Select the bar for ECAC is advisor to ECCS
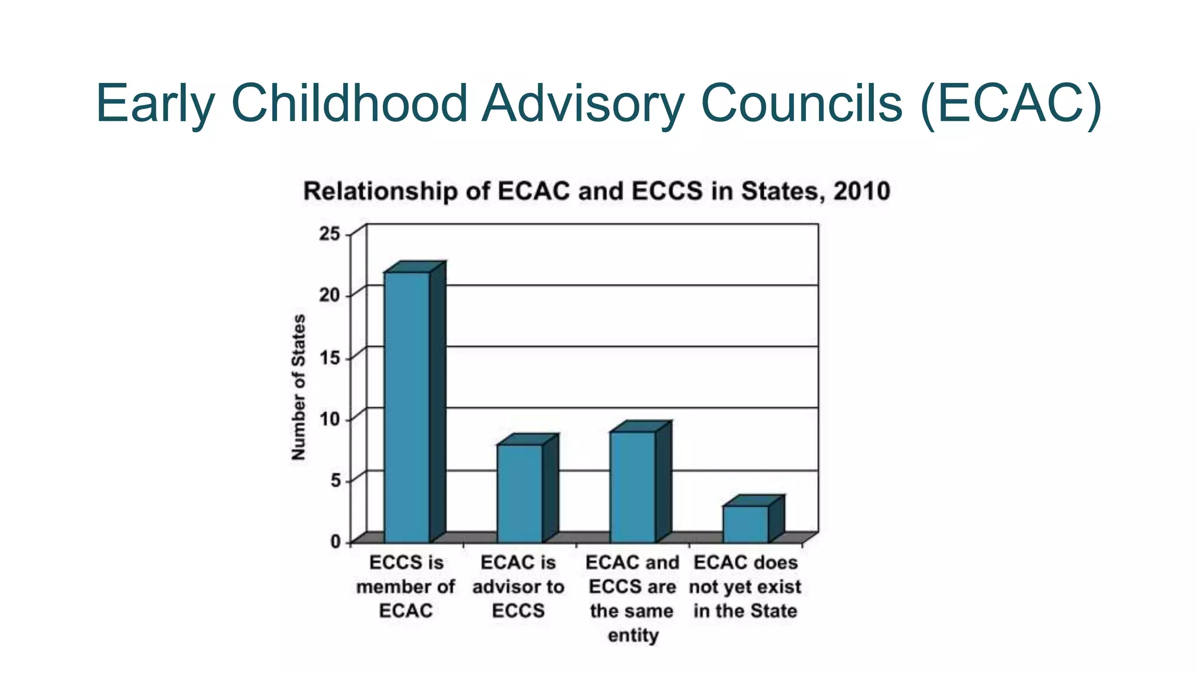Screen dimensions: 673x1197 click(520, 493)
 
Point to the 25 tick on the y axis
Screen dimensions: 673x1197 click(329, 234)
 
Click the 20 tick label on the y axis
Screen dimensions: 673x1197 click(329, 295)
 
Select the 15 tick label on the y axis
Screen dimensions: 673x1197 click(329, 358)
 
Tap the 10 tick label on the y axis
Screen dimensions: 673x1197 click(329, 419)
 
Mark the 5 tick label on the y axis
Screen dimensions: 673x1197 click(334, 481)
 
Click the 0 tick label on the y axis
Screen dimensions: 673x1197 click(335, 542)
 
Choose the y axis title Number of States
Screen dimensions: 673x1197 click(299, 387)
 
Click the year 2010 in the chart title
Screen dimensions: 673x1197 click(862, 192)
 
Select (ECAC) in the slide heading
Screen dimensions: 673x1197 click(1011, 103)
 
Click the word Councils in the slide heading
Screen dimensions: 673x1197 click(801, 103)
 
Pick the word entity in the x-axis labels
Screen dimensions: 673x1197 click(633, 635)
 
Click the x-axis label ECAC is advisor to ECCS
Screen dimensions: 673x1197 click(518, 587)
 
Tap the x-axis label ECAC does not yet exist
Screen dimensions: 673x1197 click(745, 587)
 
